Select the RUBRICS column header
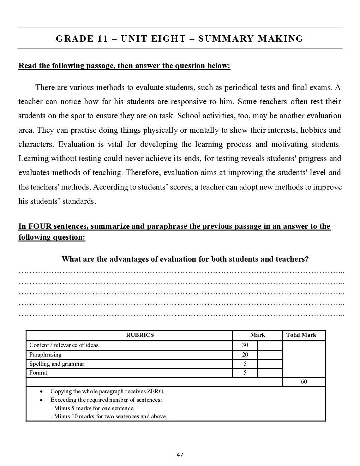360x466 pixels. [x=140, y=335]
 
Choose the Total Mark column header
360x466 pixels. [x=301, y=335]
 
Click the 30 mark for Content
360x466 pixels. [x=245, y=345]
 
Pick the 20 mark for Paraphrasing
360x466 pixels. [x=245, y=355]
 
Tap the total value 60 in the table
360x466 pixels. [x=304, y=382]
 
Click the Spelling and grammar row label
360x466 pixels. [x=57, y=364]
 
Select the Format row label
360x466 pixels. [x=38, y=373]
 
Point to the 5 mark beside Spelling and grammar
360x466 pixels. [x=245, y=364]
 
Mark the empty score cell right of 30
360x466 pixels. [x=270, y=345]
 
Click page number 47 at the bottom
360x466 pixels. [x=180, y=455]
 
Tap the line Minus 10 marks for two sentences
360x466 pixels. [x=110, y=417]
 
